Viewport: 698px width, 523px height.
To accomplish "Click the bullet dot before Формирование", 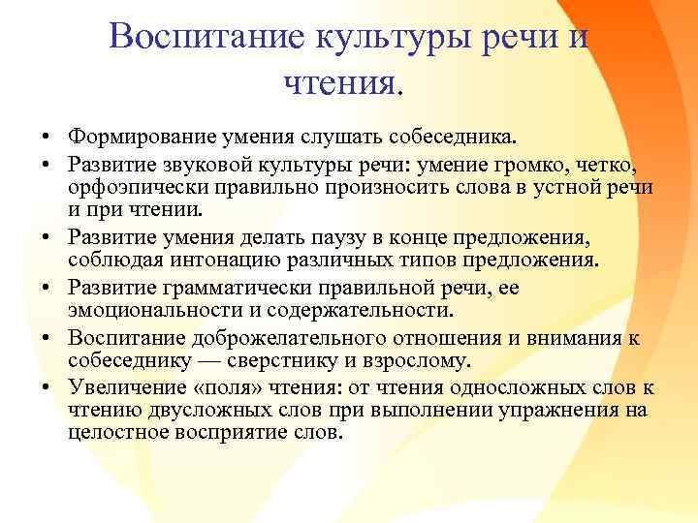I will [46, 134].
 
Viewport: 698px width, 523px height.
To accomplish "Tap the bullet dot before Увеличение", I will [46, 387].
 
